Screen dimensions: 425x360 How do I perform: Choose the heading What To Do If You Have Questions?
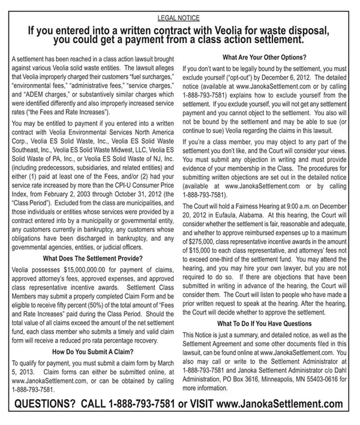(266, 324)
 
